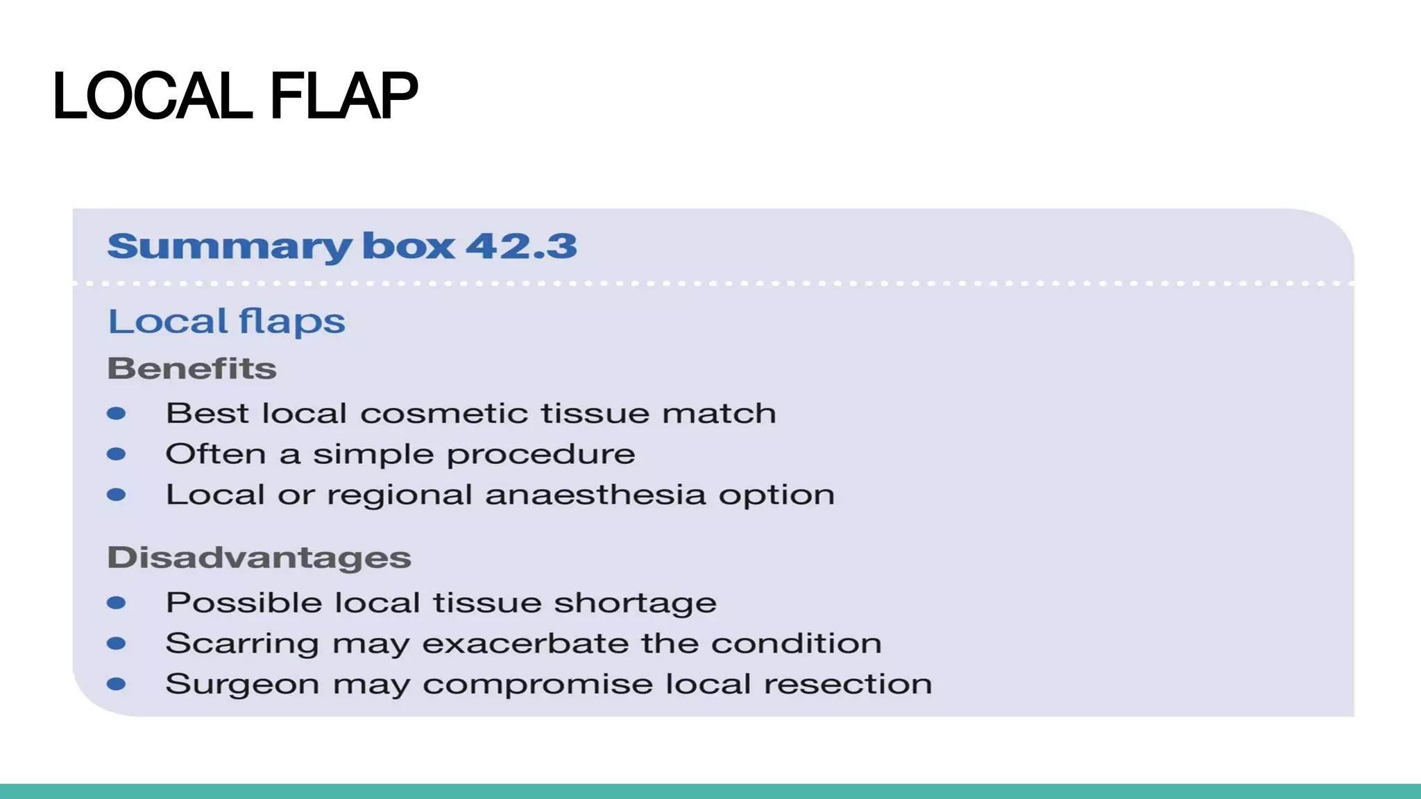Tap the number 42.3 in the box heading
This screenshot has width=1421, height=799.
click(521, 246)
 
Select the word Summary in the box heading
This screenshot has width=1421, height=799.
click(229, 246)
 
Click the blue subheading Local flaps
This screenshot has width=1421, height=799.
click(226, 322)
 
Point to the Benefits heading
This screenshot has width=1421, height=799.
click(192, 368)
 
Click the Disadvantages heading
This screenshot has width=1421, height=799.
click(259, 558)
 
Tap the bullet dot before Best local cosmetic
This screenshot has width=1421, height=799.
click(117, 414)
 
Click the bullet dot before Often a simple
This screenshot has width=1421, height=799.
click(117, 454)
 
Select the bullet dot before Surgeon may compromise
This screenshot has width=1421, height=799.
click(117, 685)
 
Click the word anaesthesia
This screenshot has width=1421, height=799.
click(595, 495)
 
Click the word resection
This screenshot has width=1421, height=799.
click(848, 685)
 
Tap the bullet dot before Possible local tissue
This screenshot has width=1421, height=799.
click(117, 603)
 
